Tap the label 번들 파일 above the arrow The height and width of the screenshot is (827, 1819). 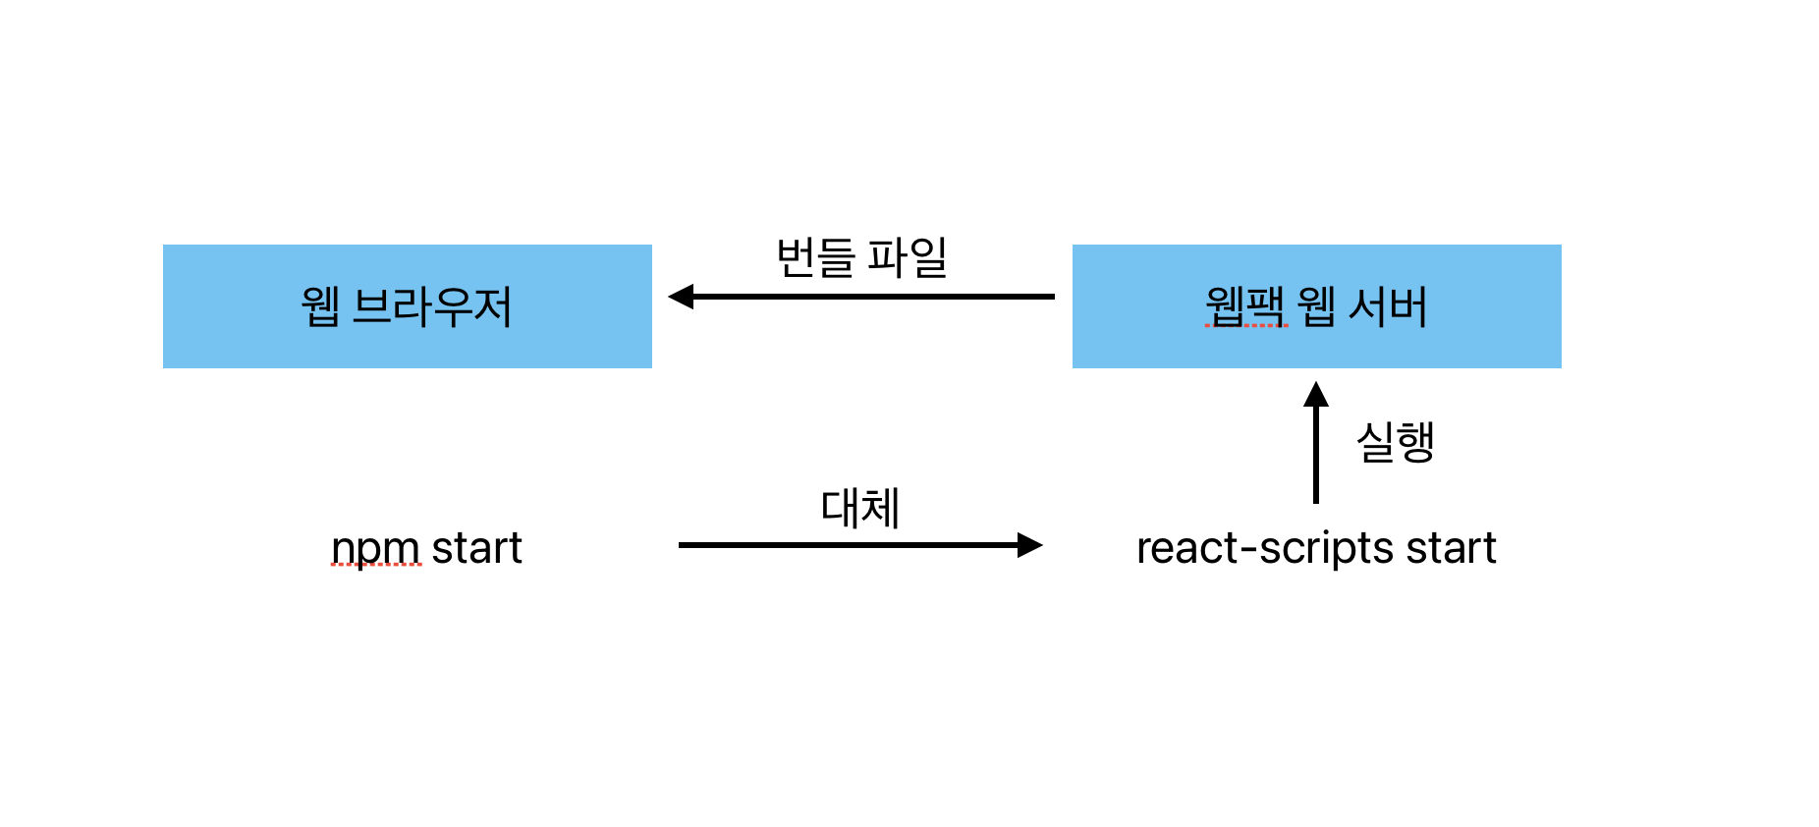[861, 257]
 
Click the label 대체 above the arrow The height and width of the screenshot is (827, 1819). [860, 508]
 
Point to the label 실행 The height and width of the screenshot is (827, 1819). [1395, 442]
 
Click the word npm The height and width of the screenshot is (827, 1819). [376, 548]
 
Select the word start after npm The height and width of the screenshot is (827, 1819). [477, 548]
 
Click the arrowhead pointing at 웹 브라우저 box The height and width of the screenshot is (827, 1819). [681, 297]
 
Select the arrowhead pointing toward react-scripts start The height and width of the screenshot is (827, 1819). [1029, 545]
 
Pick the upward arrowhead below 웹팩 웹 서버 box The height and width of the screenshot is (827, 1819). [1316, 395]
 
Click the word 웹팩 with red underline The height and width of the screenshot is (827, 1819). [1245, 306]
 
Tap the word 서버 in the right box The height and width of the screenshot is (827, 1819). [1388, 306]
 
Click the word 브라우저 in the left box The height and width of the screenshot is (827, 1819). [432, 306]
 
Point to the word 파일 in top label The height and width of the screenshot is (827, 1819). [908, 257]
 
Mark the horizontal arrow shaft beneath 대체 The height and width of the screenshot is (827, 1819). [845, 545]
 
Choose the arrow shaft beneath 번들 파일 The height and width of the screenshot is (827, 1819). [874, 297]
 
